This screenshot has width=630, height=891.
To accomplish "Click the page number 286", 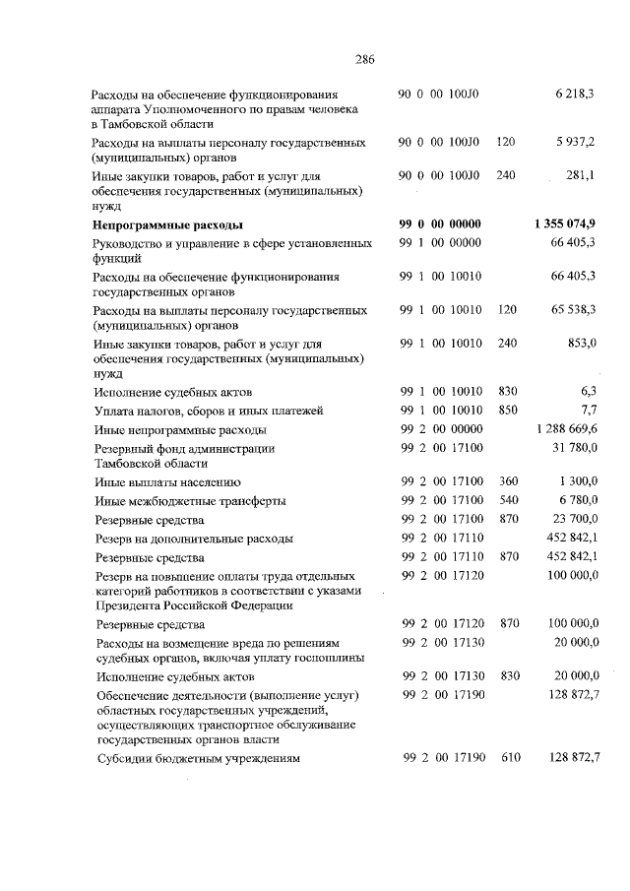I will click(365, 57).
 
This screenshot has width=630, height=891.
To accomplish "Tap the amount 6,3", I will click(588, 390).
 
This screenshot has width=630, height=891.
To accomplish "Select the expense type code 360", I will click(507, 481).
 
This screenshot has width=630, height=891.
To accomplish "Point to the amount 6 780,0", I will click(577, 500).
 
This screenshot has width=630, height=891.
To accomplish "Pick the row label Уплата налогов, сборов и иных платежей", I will click(208, 411).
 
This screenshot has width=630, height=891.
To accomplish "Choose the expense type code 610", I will click(509, 759).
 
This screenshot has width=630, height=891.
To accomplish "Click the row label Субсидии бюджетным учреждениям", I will click(198, 759).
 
